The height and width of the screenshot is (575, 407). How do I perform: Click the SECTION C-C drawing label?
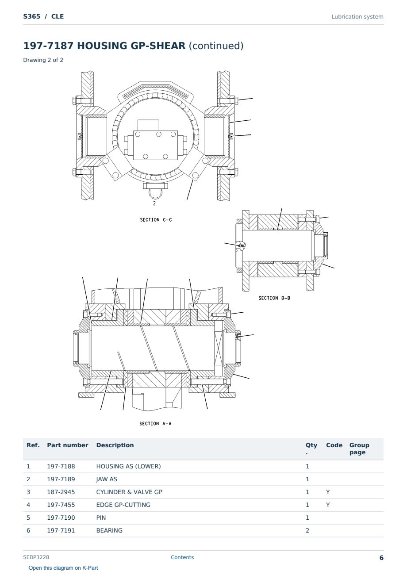coord(156,220)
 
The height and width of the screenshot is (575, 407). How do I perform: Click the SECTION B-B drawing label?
coord(274,298)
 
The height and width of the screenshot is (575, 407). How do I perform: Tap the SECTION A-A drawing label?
coord(155,424)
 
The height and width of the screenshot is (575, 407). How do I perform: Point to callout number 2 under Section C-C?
coord(154,203)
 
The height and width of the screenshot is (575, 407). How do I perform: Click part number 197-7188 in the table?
coord(61,467)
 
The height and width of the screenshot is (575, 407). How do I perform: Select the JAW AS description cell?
coord(107,479)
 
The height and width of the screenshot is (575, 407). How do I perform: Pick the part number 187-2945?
coord(61,492)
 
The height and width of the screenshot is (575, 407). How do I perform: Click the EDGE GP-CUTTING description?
coord(123,505)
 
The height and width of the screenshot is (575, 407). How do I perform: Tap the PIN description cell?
coord(101,518)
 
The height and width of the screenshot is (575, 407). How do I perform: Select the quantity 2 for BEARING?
coord(307,531)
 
